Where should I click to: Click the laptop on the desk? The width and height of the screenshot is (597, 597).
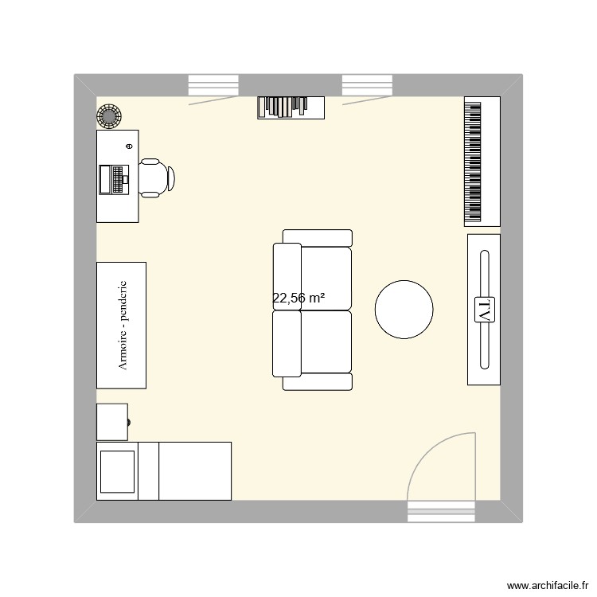[x=113, y=179]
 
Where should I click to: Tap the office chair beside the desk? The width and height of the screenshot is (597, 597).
[x=155, y=178]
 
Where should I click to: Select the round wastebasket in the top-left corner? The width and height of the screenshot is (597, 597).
[x=108, y=116]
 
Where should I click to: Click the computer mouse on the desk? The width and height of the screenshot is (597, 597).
[x=129, y=146]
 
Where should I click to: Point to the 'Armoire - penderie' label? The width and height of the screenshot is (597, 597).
[x=122, y=326]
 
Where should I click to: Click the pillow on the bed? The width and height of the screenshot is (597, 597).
[x=117, y=471]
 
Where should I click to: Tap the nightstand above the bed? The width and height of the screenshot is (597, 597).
[x=112, y=421]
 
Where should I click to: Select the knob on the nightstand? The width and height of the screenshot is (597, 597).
[x=129, y=422]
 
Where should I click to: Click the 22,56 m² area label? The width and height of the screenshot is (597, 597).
[x=298, y=298]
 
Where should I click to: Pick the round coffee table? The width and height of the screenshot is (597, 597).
[x=404, y=310]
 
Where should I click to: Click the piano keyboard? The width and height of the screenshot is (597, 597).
[x=474, y=162]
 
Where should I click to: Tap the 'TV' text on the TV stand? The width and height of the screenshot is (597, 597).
[x=484, y=310]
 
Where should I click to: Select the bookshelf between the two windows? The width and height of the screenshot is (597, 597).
[x=291, y=107]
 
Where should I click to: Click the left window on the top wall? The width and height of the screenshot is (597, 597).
[x=213, y=85]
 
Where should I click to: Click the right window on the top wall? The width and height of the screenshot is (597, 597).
[x=368, y=85]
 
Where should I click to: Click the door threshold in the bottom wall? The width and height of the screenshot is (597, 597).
[x=441, y=511]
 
